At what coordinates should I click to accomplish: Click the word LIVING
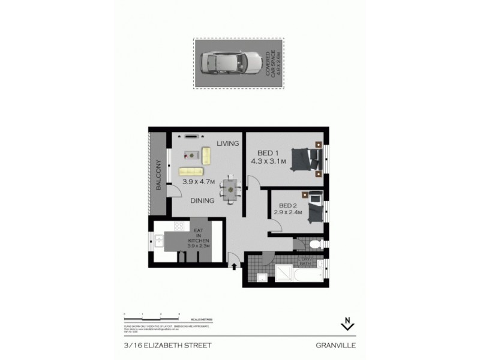point(228,143)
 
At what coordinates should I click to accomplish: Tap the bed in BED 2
point(314,209)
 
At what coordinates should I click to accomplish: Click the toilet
point(316,244)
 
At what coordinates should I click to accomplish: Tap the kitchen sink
point(158,241)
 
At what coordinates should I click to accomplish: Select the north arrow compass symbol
point(346,325)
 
